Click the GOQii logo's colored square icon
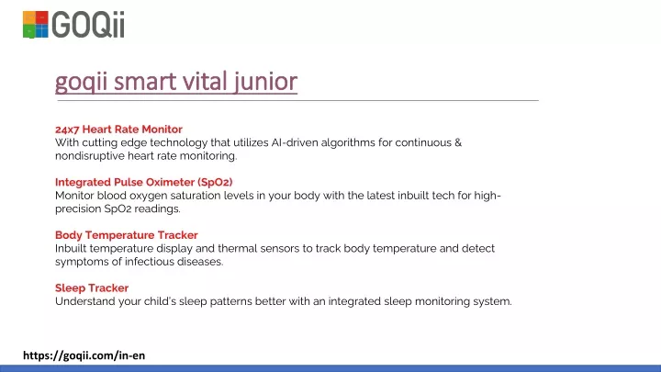[36, 25]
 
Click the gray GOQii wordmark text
[88, 25]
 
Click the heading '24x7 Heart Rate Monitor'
[118, 130]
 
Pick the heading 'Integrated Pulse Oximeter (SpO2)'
[144, 182]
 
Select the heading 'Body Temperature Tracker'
[127, 235]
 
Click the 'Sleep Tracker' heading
[92, 287]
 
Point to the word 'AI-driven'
[295, 142]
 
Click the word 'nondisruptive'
[90, 156]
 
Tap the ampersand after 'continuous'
[458, 142]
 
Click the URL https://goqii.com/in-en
[84, 355]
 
